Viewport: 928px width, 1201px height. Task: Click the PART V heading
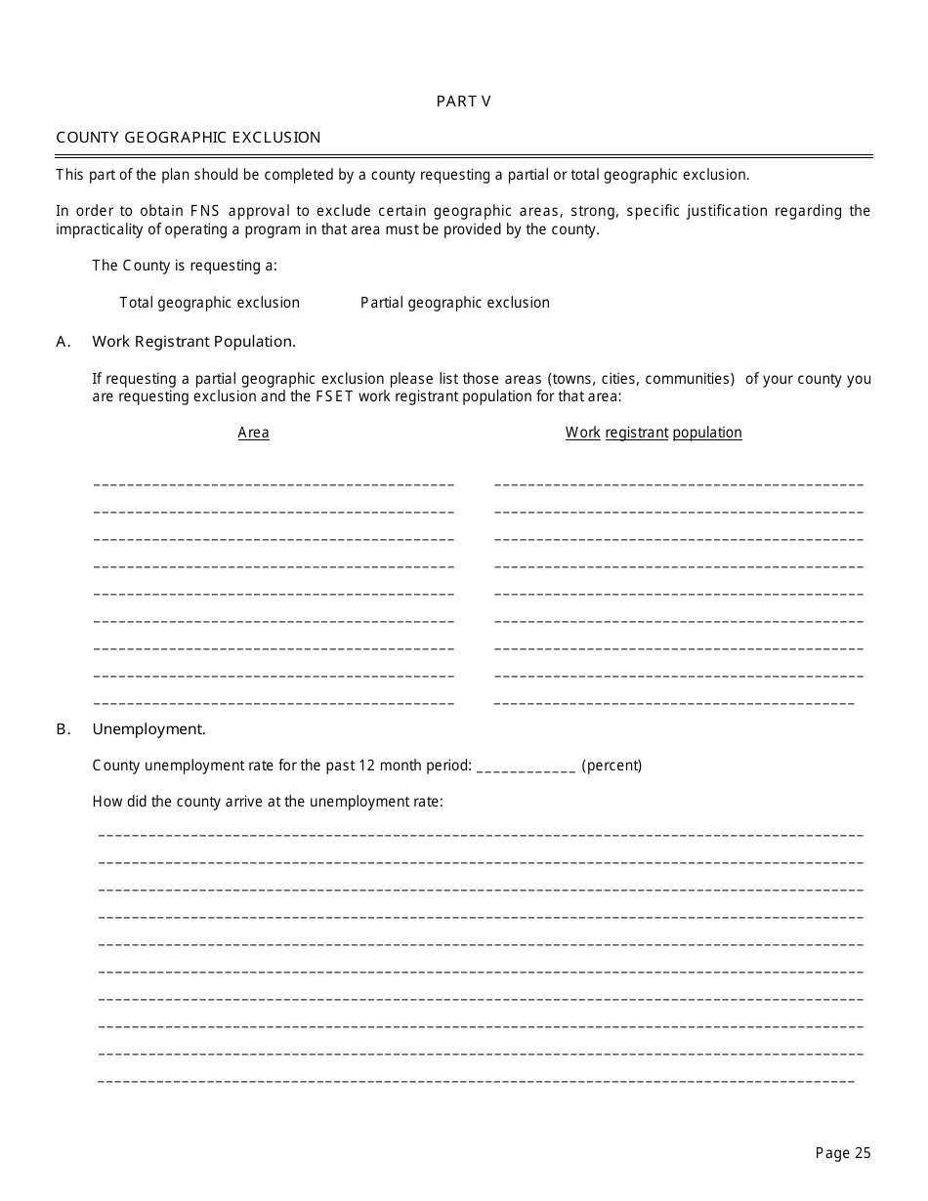point(463,102)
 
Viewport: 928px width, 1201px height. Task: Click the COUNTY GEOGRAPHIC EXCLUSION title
point(189,138)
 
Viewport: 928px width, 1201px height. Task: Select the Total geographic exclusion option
point(209,303)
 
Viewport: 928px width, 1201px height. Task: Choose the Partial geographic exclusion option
point(454,303)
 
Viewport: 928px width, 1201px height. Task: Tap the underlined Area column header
point(253,433)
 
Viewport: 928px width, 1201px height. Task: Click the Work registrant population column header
point(654,433)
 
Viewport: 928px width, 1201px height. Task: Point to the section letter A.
point(63,342)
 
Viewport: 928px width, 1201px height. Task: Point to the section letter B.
point(63,729)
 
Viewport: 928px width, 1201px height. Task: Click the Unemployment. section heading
point(148,729)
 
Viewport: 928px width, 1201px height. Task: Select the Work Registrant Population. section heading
point(193,342)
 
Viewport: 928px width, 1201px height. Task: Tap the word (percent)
point(612,766)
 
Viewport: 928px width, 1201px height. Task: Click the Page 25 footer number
point(842,1153)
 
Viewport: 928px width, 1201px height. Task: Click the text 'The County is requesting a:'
point(185,266)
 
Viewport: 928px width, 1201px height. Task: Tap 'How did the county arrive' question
point(268,802)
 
